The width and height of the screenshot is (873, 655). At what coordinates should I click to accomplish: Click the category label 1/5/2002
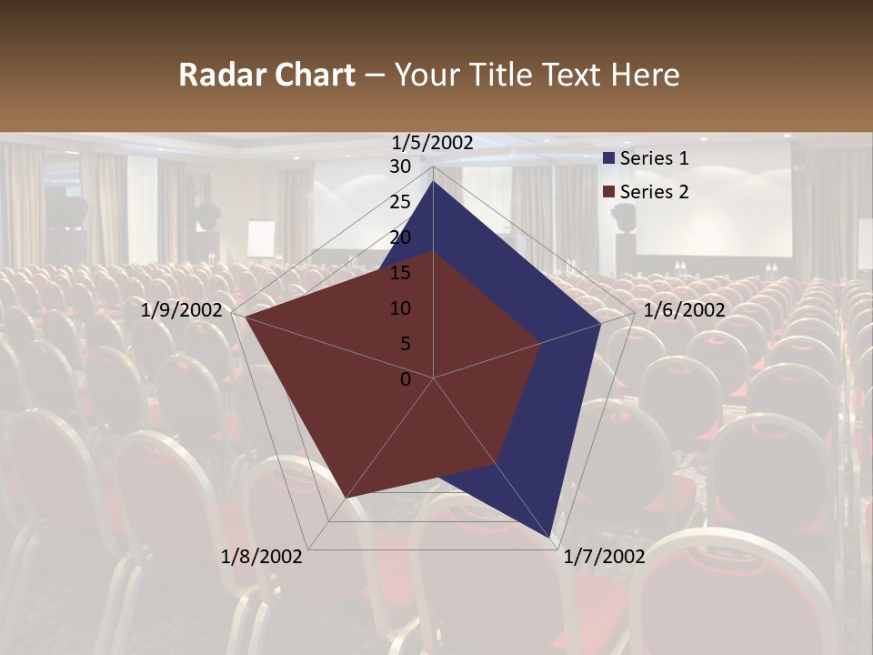[x=433, y=143]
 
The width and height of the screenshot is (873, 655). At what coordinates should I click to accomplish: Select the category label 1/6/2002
[x=684, y=310]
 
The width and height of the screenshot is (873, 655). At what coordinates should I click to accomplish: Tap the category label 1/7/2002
[x=604, y=557]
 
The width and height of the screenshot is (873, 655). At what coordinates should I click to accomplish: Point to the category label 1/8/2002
[x=262, y=557]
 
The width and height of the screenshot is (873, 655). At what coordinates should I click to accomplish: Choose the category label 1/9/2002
[x=182, y=310]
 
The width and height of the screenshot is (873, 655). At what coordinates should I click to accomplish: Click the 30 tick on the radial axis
[x=400, y=166]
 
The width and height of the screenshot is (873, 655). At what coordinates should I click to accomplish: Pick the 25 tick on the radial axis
[x=400, y=202]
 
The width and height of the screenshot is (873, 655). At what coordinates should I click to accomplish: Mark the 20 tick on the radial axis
[x=400, y=237]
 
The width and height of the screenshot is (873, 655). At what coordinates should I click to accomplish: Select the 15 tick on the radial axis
[x=400, y=273]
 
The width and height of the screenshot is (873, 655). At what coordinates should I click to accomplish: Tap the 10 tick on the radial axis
[x=400, y=308]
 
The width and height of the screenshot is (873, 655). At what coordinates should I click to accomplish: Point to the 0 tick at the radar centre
[x=406, y=379]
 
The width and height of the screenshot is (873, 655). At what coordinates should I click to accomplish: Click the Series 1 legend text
[x=654, y=158]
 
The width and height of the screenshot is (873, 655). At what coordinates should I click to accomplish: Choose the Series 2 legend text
[x=654, y=192]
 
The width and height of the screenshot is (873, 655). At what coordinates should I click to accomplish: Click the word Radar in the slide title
[x=217, y=76]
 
